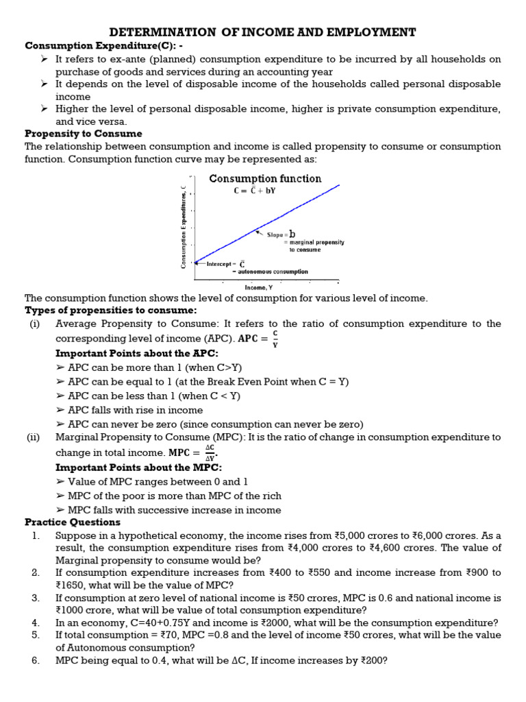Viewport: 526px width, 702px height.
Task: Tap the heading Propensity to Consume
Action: [x=83, y=133]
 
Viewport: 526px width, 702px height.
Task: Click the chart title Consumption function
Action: [x=264, y=178]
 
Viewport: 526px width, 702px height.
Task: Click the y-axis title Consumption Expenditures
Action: [x=184, y=226]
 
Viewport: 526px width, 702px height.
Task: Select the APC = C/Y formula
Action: [x=258, y=339]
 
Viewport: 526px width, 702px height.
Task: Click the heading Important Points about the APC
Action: [x=136, y=353]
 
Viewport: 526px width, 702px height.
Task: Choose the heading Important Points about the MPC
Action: [x=138, y=467]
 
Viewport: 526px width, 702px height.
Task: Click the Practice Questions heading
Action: [x=72, y=522]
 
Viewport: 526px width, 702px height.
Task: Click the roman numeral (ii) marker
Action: [x=34, y=437]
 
